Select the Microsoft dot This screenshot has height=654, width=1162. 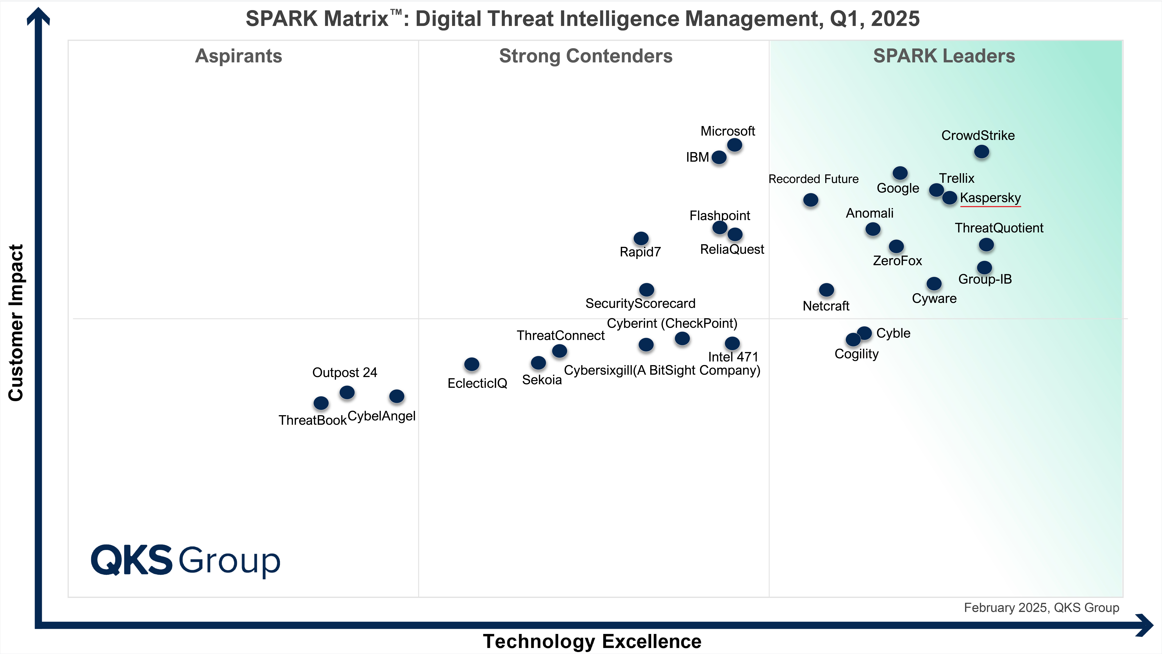tap(734, 145)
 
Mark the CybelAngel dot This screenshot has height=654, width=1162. tap(396, 396)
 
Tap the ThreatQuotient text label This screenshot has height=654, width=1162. tap(999, 228)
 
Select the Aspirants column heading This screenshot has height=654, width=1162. tap(239, 56)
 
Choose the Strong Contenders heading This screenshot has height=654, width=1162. tap(585, 56)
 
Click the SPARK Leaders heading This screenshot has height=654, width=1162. tap(944, 56)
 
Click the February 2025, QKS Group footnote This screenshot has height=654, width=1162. tap(1041, 607)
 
